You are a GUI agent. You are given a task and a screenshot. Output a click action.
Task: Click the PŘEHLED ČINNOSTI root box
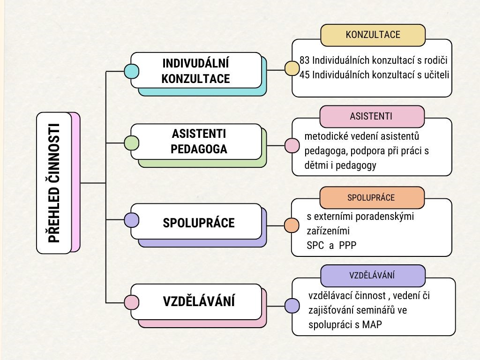point(54,183)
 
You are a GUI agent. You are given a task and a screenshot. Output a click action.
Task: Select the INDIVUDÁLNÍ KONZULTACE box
point(196,70)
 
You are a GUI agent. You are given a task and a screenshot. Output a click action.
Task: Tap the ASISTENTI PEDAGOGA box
point(196,142)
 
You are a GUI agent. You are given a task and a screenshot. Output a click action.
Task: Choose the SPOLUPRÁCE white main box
point(196,222)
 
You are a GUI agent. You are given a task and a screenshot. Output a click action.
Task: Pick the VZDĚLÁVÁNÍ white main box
point(196,301)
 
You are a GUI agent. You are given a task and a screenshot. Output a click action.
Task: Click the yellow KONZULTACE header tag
point(373,35)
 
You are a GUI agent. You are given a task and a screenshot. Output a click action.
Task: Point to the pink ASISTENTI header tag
point(372,116)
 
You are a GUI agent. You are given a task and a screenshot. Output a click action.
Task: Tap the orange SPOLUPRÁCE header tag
point(371,197)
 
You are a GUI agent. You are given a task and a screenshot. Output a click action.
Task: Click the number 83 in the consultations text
point(305,60)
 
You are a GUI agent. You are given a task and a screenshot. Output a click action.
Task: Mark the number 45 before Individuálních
point(305,75)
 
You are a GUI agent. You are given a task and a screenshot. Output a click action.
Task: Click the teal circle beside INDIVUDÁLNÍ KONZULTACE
point(131,71)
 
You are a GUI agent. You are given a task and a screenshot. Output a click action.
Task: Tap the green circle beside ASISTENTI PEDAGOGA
point(131,142)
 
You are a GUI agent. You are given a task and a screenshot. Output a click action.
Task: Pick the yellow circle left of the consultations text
point(292,69)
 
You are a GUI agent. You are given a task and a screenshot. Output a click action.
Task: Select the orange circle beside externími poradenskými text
point(292,225)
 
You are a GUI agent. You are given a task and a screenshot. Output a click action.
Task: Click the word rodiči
point(435,60)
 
